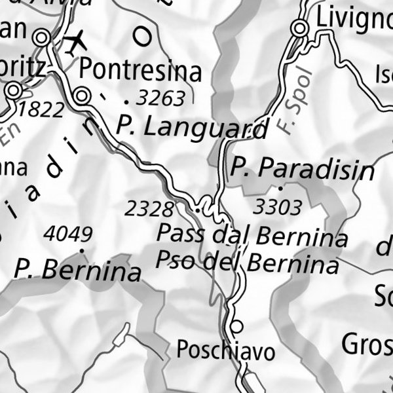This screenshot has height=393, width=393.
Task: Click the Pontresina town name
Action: (140, 70)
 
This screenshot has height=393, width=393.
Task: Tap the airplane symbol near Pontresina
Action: (77, 43)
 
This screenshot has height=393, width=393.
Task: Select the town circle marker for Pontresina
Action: (82, 96)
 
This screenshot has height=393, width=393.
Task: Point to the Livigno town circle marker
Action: (300, 28)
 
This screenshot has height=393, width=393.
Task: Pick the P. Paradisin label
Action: (302, 168)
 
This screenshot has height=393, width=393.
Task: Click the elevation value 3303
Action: (278, 208)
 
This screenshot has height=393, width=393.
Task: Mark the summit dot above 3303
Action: (280, 189)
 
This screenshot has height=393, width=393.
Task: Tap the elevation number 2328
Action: (149, 209)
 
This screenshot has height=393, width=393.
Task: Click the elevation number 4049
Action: (67, 233)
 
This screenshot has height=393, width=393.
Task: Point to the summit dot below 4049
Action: (82, 250)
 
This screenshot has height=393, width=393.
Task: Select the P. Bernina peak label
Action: (78, 270)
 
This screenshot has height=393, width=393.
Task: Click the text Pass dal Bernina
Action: (252, 235)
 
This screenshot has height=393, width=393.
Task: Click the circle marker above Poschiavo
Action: (237, 326)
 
